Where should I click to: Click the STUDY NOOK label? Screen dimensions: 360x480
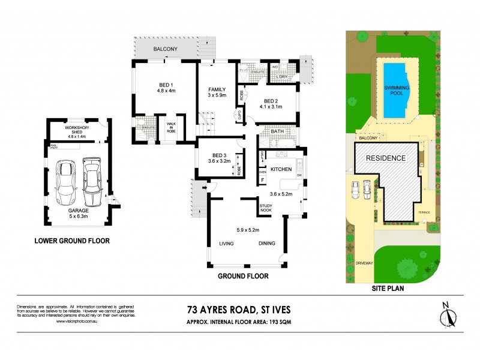point(266,209)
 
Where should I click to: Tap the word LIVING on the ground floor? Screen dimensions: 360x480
point(226,243)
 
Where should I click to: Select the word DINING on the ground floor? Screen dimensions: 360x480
point(266,243)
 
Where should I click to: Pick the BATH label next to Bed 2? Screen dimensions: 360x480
point(277,131)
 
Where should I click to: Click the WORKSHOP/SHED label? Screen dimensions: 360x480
point(78,129)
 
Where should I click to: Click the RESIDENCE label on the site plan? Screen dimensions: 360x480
point(386,158)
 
